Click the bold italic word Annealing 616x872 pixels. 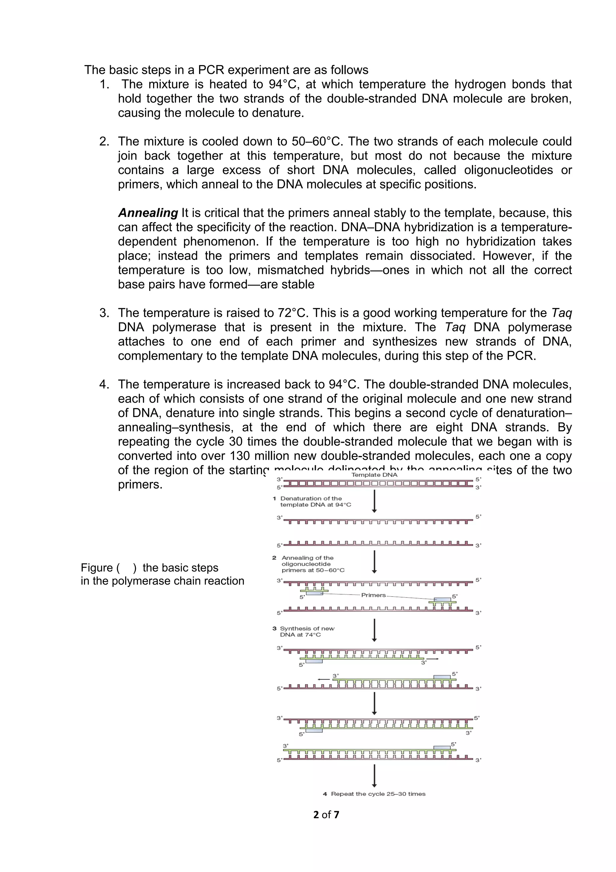pos(148,213)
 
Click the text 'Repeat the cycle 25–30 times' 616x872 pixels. pos(378,794)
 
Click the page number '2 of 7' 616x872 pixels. pos(326,814)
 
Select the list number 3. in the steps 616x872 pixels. pos(104,313)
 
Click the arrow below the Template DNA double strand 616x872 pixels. pos(374,501)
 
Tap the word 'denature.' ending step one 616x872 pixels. pos(278,113)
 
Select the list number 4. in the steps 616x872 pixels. pos(104,384)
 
